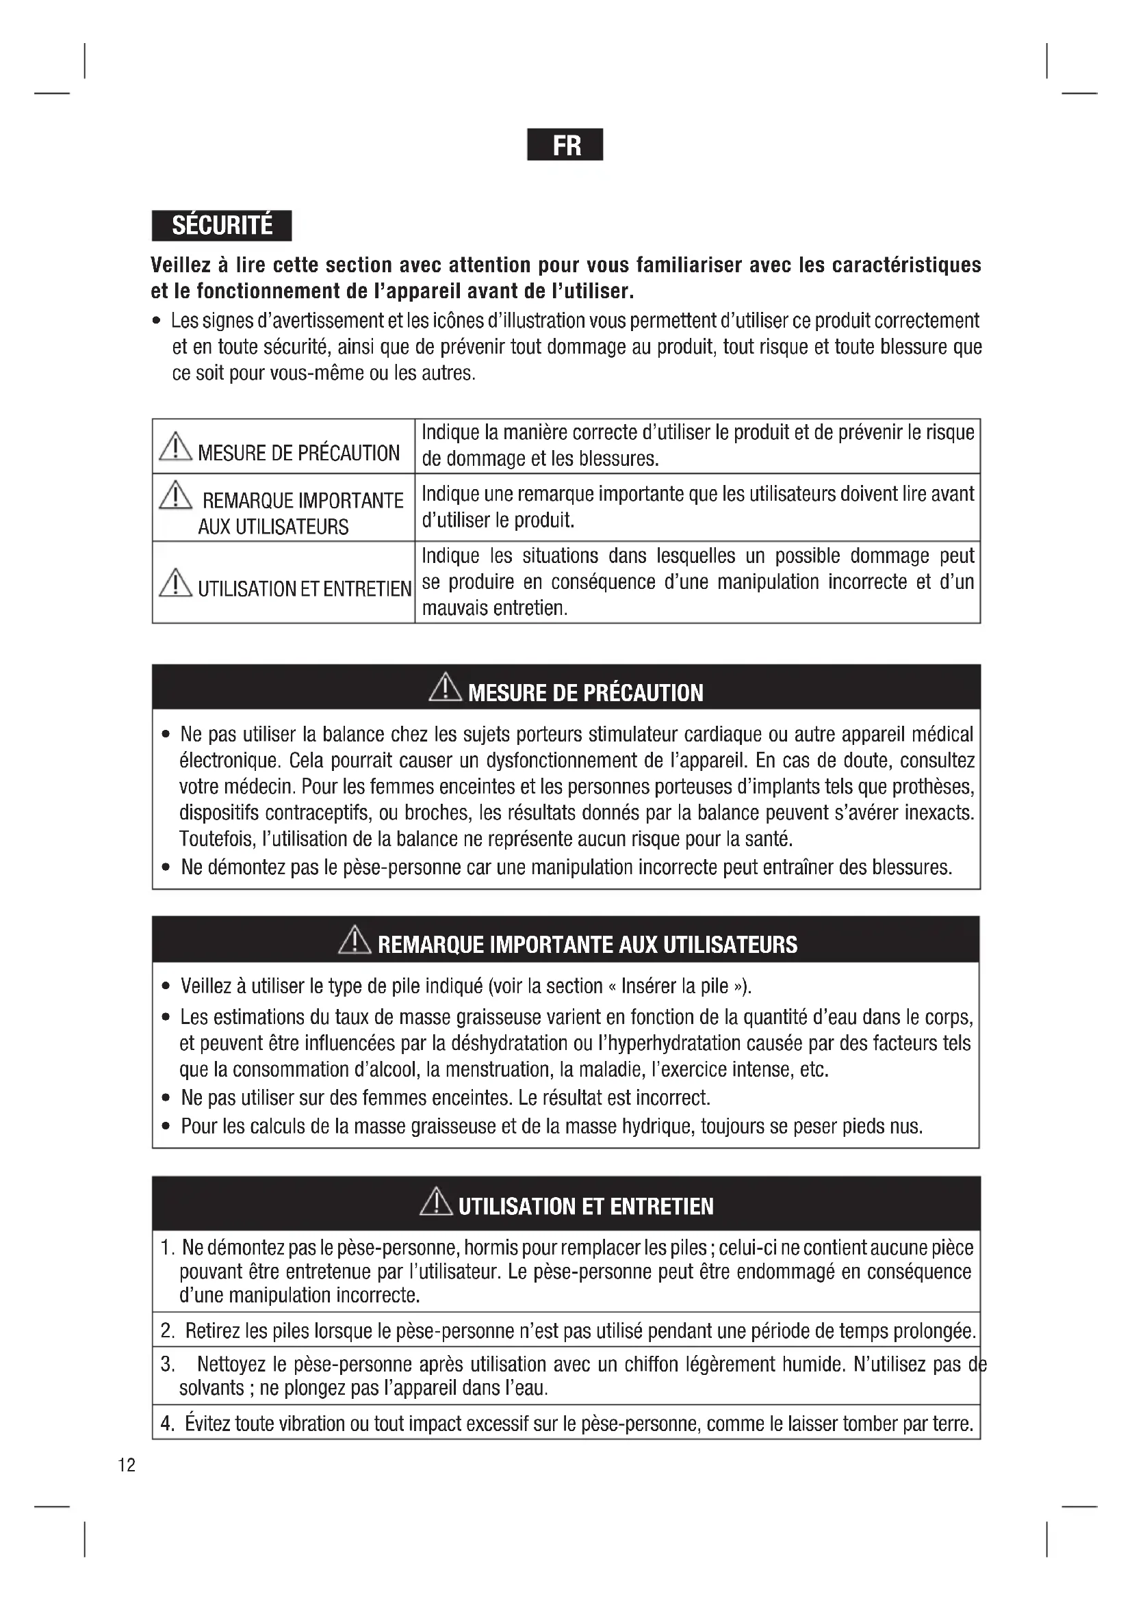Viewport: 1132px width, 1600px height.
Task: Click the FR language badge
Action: (565, 145)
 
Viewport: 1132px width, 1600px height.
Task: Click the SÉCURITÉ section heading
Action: (222, 226)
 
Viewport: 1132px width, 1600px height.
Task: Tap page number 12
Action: (127, 1465)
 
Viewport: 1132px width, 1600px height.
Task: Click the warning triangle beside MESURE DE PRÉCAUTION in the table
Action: (175, 447)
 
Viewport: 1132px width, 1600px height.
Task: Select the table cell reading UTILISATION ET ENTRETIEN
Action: (284, 583)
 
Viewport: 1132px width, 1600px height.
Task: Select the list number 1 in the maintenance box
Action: (166, 1247)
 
